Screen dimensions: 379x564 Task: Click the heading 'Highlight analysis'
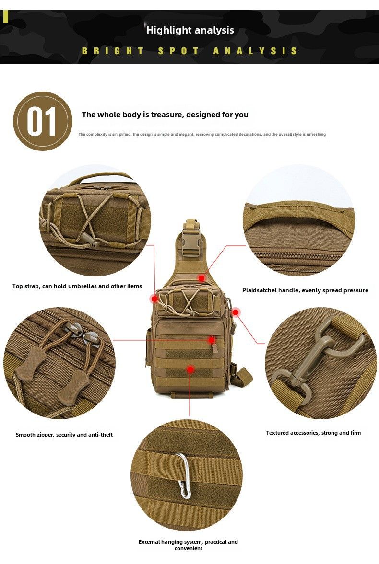190,30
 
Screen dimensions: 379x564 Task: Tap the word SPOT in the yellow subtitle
178,51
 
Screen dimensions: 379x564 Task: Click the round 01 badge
43,121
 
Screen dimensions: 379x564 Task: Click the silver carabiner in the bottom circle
184,475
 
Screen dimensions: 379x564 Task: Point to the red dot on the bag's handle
201,278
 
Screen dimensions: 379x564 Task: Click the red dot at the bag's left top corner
154,299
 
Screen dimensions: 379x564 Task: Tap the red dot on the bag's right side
236,312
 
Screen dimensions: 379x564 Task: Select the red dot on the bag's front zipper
212,340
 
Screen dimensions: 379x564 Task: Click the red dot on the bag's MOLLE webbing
190,369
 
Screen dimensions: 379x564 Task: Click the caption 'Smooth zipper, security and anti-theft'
64,435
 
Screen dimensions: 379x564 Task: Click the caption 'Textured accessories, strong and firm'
313,433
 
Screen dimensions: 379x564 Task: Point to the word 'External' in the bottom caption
149,541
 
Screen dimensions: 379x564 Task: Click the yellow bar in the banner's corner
5,16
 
